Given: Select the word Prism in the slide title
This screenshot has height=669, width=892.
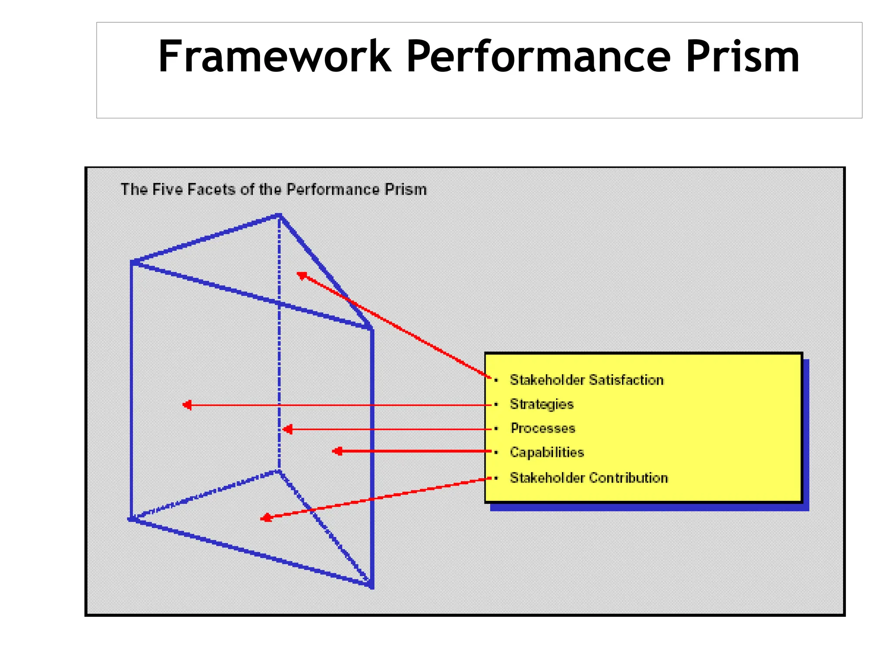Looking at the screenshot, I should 742,57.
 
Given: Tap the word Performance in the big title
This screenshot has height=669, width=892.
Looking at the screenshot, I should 538,57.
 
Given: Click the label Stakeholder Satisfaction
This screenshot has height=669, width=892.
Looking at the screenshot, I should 586,380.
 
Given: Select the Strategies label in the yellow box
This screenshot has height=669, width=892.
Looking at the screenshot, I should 541,404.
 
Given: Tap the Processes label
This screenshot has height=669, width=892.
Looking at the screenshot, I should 543,428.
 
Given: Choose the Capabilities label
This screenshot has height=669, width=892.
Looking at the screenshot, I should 547,453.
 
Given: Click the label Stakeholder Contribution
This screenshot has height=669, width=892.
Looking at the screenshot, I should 588,478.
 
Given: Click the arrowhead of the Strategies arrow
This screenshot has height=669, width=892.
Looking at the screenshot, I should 187,405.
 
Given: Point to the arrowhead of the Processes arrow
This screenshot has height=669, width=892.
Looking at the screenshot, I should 287,429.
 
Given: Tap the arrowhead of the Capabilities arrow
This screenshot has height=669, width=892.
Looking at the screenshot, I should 337,451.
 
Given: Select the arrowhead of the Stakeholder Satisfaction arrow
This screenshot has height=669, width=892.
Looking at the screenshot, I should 301,275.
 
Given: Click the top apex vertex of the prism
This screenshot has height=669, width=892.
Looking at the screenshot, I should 279,215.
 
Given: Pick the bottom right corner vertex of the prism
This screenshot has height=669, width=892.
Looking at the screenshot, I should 371,585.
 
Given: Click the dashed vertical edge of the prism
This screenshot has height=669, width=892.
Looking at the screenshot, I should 279,348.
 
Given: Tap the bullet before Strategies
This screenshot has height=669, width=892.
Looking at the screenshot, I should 496,405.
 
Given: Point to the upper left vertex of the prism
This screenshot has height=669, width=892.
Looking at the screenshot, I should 132,262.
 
